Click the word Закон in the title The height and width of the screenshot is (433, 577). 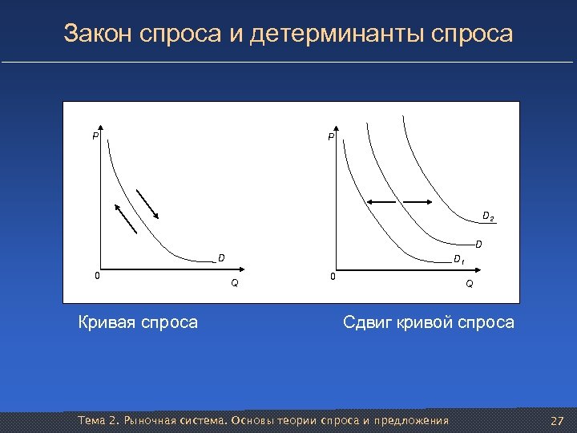(x=98, y=34)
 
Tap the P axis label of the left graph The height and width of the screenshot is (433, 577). (x=95, y=137)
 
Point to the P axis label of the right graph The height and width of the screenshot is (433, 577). (x=329, y=139)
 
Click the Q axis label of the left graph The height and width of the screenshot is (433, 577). (x=234, y=283)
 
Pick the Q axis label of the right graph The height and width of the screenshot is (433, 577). (x=470, y=283)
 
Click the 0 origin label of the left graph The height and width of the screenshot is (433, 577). (x=97, y=276)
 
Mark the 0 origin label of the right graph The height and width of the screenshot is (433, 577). (x=333, y=277)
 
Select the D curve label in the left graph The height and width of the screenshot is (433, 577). (x=221, y=258)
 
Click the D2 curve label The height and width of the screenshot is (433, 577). (x=487, y=216)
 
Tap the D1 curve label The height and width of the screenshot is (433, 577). (x=458, y=259)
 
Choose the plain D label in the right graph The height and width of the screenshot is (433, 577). (x=478, y=244)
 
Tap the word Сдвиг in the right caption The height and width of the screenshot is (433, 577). (x=369, y=323)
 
